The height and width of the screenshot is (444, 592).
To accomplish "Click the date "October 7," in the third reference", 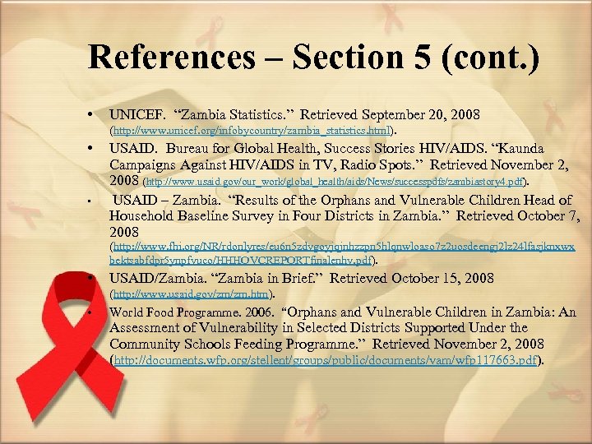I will click(x=539, y=215).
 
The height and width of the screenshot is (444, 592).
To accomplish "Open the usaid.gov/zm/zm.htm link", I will click(x=192, y=294).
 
